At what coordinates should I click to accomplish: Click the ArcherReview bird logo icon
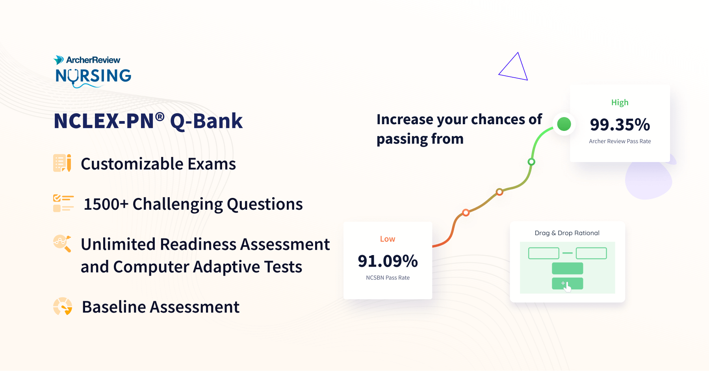[x=59, y=60]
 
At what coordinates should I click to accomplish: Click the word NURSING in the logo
[x=93, y=76]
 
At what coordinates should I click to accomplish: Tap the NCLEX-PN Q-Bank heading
[x=148, y=121]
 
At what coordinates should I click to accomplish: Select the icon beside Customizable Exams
[x=62, y=163]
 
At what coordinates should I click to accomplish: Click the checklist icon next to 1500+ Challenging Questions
[x=63, y=203]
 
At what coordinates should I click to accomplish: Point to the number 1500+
[x=106, y=204]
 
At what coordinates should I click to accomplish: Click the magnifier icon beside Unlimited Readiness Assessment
[x=62, y=243]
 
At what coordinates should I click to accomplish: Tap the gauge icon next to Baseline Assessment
[x=63, y=306]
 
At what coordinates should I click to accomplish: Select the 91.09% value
[x=388, y=261]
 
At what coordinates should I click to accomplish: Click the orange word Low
[x=388, y=239]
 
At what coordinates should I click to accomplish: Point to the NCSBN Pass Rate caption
[x=388, y=278]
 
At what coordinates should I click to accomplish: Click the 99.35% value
[x=620, y=125]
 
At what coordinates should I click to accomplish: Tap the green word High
[x=620, y=103]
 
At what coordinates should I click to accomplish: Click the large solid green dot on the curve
[x=564, y=124]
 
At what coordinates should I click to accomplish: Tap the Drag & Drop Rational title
[x=567, y=233]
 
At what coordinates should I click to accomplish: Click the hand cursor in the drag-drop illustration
[x=567, y=287]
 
